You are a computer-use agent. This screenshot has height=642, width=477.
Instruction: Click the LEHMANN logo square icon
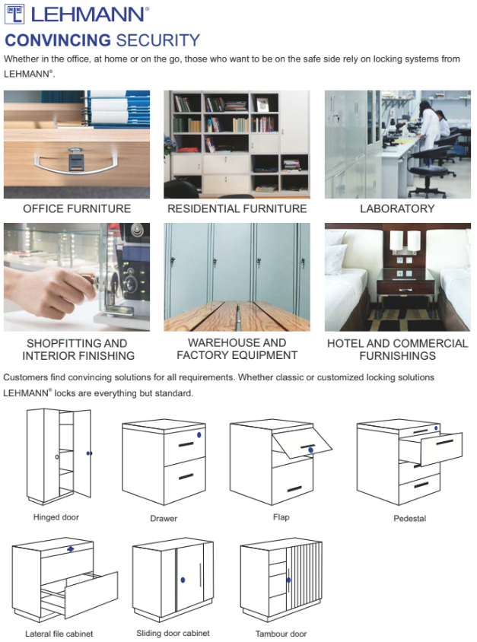[x=14, y=14]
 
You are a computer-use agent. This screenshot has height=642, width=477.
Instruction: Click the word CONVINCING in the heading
[x=58, y=40]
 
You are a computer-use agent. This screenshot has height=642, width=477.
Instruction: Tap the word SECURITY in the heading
[x=158, y=40]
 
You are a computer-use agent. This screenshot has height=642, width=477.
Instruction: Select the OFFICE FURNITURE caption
[x=77, y=209]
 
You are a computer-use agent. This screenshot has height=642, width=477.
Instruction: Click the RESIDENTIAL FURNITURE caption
[x=237, y=209]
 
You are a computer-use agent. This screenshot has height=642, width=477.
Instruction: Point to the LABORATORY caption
[x=397, y=209]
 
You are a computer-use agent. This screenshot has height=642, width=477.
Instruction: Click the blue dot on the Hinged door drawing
[x=88, y=453]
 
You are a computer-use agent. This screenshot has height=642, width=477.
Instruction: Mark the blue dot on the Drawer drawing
[x=199, y=435]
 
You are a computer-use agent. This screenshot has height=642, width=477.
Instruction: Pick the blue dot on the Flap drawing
[x=310, y=450]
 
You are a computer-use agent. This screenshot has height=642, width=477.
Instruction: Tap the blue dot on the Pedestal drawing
[x=436, y=427]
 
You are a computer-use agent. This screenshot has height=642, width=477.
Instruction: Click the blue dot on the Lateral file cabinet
[x=71, y=549]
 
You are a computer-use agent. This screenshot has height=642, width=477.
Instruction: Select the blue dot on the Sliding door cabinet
[x=183, y=580]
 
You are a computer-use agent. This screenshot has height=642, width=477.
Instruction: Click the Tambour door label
[x=281, y=634]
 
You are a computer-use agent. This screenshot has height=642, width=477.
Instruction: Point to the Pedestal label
[x=409, y=518]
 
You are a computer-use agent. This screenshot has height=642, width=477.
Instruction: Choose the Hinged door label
[x=56, y=517]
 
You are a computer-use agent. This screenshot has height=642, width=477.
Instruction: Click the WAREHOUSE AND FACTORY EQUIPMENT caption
[x=237, y=349]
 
